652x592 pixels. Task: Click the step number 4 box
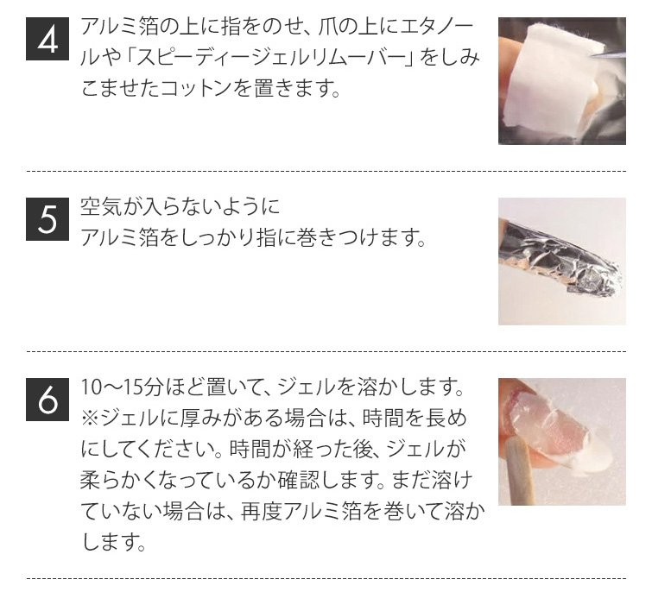click(x=47, y=39)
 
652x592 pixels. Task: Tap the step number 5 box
click(x=47, y=219)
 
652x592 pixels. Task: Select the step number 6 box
click(x=47, y=400)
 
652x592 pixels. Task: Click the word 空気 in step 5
click(x=100, y=207)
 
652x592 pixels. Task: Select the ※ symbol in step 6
click(x=89, y=418)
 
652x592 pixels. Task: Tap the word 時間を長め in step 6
click(x=415, y=418)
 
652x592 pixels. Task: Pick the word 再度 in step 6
click(x=261, y=511)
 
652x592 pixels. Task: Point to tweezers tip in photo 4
click(x=592, y=55)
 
